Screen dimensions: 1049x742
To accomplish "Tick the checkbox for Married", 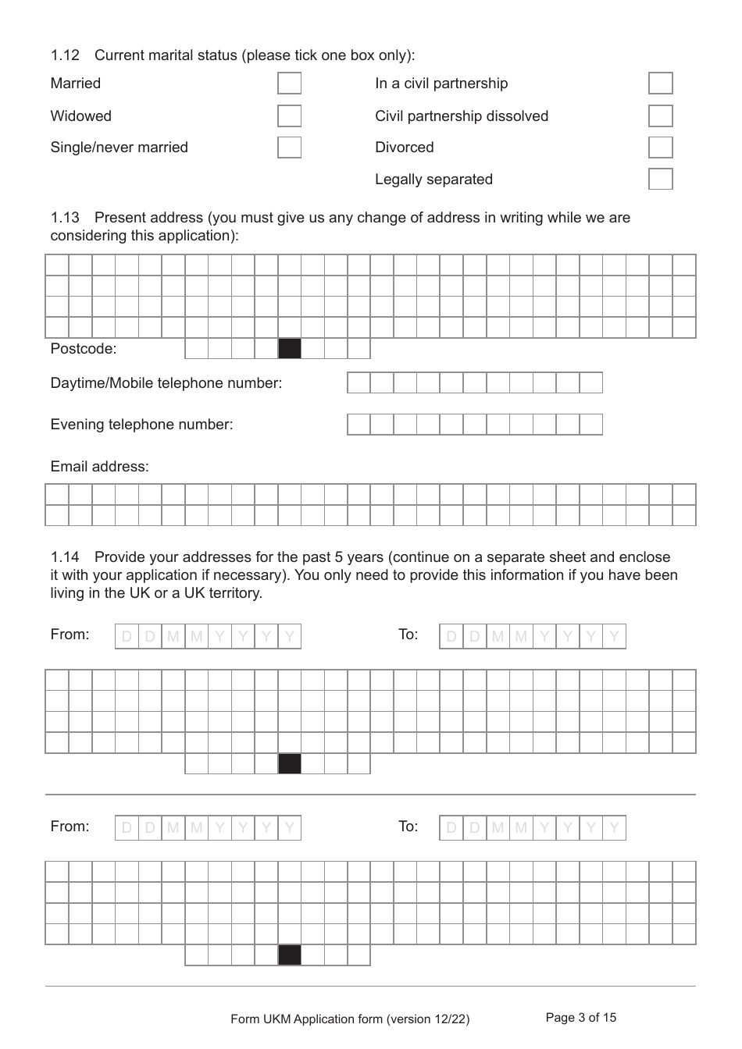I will [x=289, y=84].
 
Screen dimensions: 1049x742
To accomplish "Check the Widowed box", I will [x=289, y=116].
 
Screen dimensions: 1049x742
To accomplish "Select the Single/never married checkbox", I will [x=289, y=148].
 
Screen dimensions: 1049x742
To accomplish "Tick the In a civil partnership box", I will [x=660, y=84].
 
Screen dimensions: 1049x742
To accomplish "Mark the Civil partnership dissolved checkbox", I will [x=660, y=116].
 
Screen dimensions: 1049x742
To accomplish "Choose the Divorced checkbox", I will [x=660, y=148].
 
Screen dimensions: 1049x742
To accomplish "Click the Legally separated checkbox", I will [x=660, y=180].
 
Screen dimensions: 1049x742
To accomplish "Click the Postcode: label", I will [x=83, y=349].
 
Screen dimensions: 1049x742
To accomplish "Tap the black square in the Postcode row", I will [x=290, y=348].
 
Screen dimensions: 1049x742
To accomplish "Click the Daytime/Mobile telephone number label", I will [x=166, y=383].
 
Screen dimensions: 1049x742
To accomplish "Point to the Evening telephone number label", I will [x=141, y=425].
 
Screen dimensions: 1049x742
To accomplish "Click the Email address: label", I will [x=99, y=467].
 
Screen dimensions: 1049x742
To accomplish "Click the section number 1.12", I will [x=65, y=55].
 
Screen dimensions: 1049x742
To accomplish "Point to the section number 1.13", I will [x=65, y=218].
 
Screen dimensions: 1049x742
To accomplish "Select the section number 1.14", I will [x=65, y=557].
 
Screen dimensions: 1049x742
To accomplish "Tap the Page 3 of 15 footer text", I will [x=580, y=1018].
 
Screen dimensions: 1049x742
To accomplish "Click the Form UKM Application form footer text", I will [x=350, y=1019].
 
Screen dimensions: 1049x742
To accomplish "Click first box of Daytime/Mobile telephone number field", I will [x=359, y=382].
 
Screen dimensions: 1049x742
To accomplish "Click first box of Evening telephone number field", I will [x=359, y=425].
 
